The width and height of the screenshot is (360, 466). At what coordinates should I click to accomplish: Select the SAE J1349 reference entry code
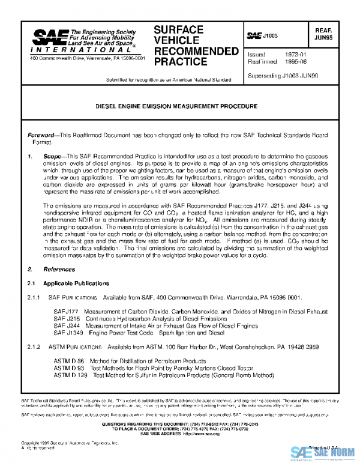tap(67, 331)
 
